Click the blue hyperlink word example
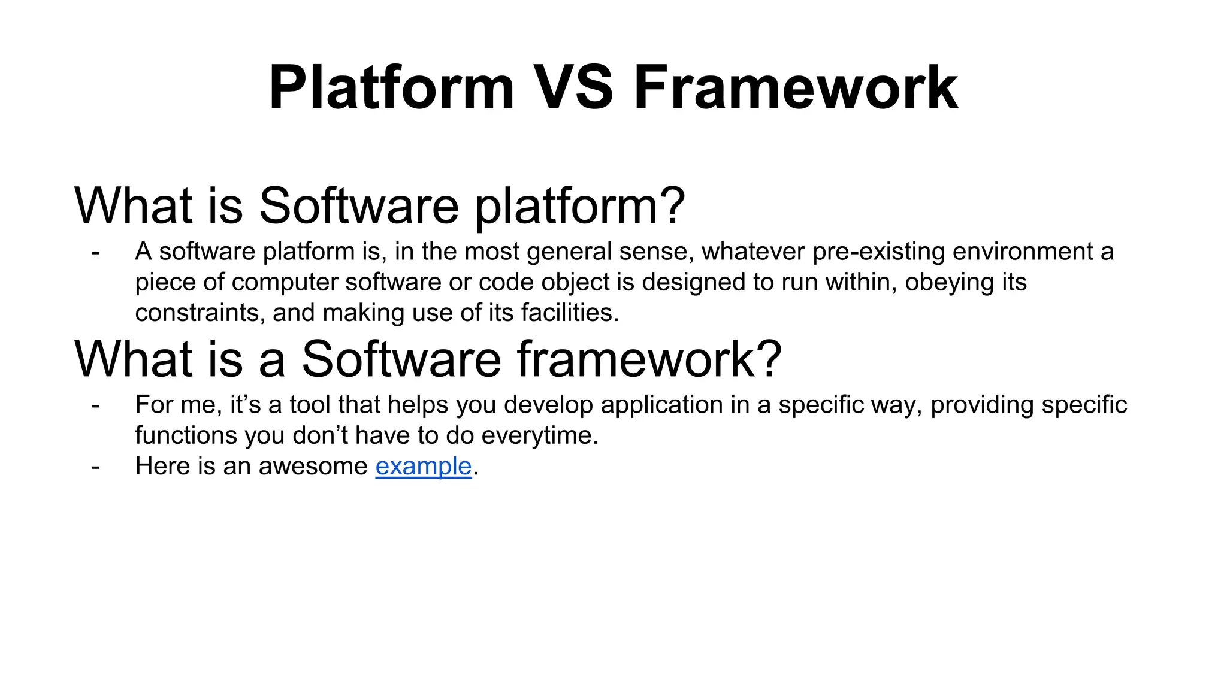click(424, 466)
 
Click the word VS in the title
click(573, 88)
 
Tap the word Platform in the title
click(391, 88)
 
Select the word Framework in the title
click(796, 88)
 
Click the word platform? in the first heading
click(580, 206)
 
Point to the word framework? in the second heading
click(649, 359)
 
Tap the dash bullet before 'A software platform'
click(95, 252)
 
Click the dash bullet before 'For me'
click(95, 405)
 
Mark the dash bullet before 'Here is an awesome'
click(95, 467)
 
